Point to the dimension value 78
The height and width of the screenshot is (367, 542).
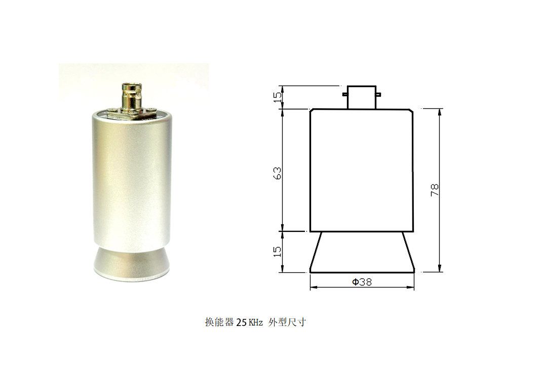435,190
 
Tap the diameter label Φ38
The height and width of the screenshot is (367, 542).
362,282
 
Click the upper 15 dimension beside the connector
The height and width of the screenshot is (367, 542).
277,97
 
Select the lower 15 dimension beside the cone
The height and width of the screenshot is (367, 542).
277,252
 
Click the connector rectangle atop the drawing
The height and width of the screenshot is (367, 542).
361,97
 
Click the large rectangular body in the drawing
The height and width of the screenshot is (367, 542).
362,170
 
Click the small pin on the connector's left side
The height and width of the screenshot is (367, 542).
345,94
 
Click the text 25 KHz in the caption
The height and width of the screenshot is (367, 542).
249,322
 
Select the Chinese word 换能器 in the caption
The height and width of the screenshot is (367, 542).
219,322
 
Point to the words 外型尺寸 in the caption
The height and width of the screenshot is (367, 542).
287,322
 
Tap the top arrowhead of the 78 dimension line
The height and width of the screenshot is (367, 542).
440,111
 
